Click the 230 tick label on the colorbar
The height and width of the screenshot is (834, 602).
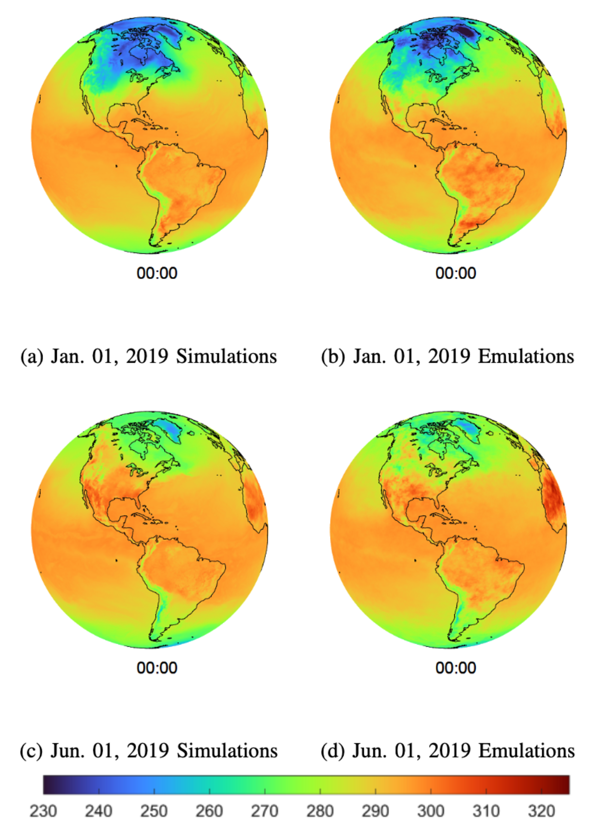point(43,811)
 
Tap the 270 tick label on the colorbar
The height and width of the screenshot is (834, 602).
point(264,811)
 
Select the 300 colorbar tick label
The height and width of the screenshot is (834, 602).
point(430,811)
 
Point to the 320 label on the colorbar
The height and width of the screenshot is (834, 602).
point(541,811)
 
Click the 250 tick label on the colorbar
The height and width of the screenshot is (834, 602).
point(154,811)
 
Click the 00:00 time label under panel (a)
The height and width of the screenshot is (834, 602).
point(157,273)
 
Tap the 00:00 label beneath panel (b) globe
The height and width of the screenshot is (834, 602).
point(456,273)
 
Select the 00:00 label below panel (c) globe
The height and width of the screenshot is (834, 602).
point(157,668)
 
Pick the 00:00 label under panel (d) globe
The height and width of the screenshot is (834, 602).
point(456,668)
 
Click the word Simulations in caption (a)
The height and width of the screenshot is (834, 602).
point(226,356)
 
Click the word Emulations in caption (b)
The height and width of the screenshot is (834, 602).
point(526,356)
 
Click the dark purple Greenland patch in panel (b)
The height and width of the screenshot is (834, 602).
point(466,32)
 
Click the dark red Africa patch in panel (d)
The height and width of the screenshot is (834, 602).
point(554,497)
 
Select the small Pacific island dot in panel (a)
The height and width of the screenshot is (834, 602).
point(116,166)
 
